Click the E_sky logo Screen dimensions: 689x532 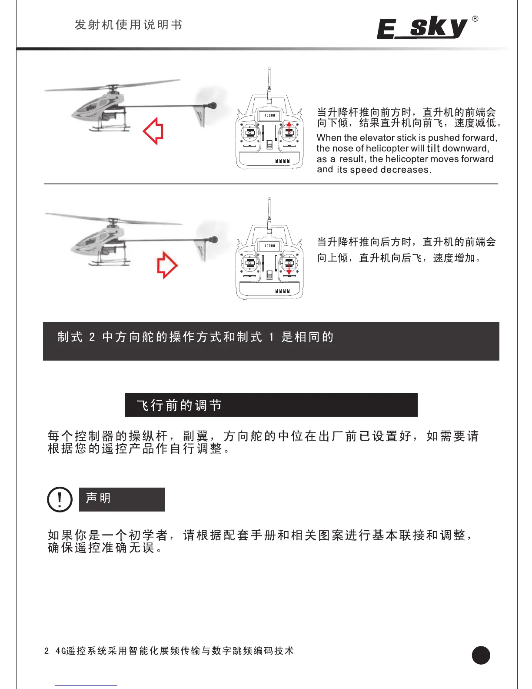[422, 28]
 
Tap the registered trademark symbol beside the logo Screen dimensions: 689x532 [475, 19]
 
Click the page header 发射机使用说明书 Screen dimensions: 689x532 [128, 25]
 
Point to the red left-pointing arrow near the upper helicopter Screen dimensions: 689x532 [153, 130]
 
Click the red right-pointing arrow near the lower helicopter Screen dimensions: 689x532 [167, 265]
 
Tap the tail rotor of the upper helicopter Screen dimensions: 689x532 [213, 106]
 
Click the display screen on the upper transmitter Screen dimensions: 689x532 [269, 115]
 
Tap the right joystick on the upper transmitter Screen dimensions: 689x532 [289, 132]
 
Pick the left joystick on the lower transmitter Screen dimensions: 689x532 [250, 263]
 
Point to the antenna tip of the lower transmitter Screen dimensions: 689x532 [269, 199]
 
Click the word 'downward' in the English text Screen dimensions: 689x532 [465, 148]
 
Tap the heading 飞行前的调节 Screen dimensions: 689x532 [179, 405]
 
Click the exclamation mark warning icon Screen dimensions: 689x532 [60, 499]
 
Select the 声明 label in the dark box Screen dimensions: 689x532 [98, 498]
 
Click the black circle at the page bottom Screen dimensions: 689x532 [481, 655]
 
